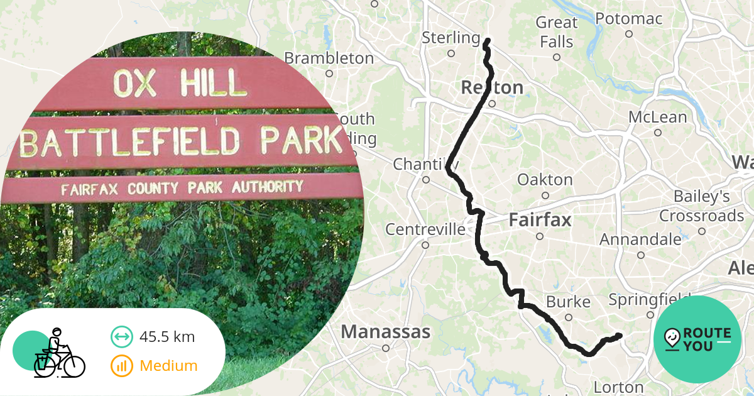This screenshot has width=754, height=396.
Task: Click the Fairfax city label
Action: coord(540,221)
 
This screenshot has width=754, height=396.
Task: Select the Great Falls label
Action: coord(555,32)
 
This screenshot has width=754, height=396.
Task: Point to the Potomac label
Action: coord(628,19)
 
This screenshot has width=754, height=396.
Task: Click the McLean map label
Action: coord(658,117)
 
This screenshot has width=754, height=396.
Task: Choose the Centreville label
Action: coord(425,229)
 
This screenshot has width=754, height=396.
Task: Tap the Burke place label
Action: coord(568,302)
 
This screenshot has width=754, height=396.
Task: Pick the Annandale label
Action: coord(640,239)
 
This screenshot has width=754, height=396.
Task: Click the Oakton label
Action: coord(545,180)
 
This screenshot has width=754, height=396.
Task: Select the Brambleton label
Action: coord(329,58)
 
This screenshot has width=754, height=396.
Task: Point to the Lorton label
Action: coord(619,387)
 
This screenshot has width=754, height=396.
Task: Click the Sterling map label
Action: coord(451,38)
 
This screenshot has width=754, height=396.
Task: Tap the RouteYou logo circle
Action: coord(697,339)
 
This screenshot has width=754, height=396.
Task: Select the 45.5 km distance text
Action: coord(167,337)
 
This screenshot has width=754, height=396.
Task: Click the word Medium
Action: coord(168,365)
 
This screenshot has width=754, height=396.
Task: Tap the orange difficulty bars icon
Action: coord(121,365)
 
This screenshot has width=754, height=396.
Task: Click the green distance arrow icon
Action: coord(121,337)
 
